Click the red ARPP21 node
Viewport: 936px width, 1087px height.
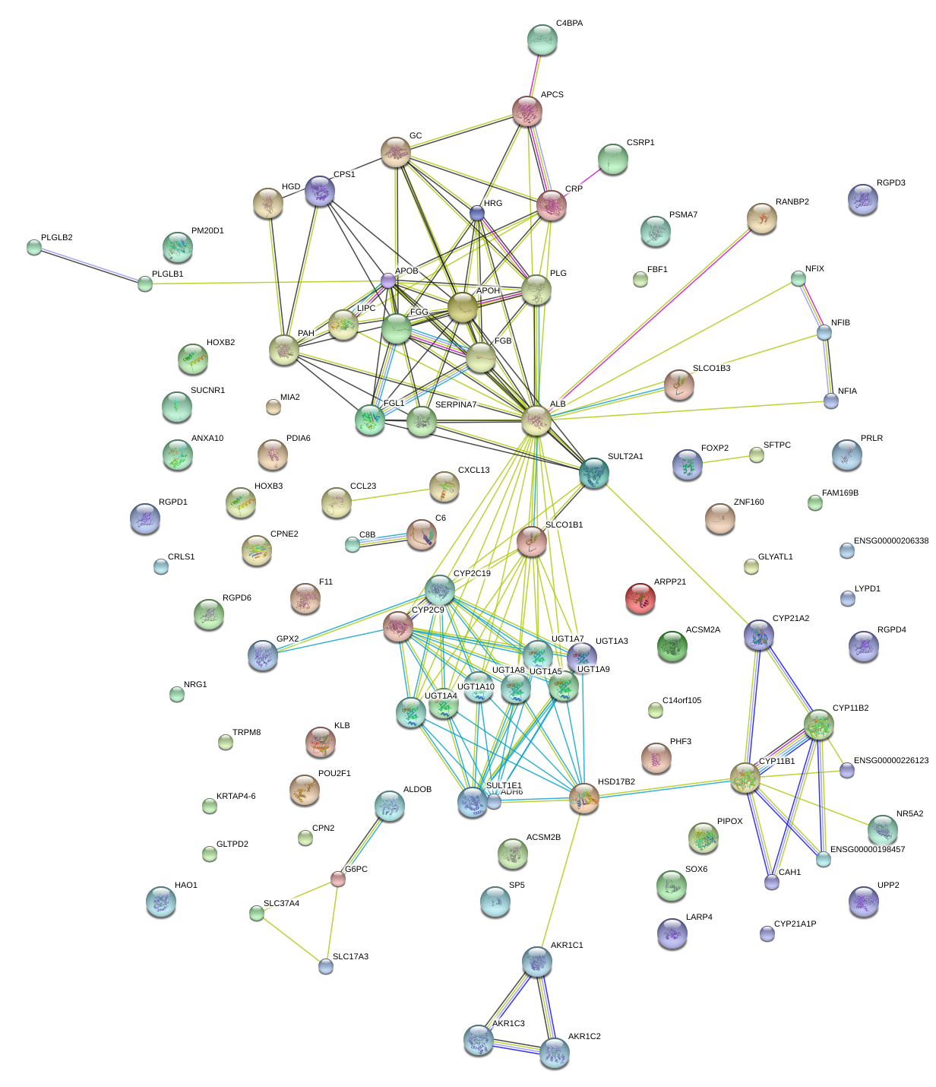click(640, 598)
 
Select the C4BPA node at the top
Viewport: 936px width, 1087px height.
click(542, 40)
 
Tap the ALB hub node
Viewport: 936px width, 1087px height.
click(536, 420)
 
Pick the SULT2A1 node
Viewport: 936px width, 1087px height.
click(593, 473)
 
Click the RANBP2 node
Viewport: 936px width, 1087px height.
click(761, 218)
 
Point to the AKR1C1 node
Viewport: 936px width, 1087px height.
click(536, 962)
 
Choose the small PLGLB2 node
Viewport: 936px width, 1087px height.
click(34, 247)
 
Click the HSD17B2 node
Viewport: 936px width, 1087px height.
click(583, 798)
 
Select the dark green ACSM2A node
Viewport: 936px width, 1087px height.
click(672, 646)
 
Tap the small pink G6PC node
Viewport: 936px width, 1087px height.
click(338, 879)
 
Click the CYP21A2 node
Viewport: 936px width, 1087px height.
click(758, 635)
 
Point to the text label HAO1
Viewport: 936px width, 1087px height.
click(185, 886)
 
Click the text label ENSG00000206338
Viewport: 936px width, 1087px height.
click(890, 541)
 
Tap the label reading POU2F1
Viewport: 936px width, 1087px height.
click(334, 774)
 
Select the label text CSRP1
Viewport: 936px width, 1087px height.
click(640, 143)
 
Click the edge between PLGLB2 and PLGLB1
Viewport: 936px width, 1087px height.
click(90, 266)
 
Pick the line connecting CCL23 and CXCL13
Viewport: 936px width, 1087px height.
click(390, 495)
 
